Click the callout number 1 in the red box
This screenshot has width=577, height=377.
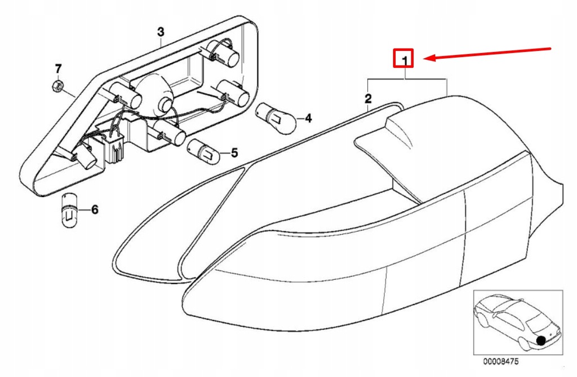[x=404, y=59]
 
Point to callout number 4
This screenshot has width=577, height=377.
[x=308, y=118]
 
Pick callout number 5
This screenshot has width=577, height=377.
[x=234, y=152]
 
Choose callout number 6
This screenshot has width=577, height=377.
[x=94, y=210]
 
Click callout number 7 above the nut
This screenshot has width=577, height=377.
[x=58, y=69]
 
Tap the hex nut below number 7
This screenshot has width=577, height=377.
[x=56, y=86]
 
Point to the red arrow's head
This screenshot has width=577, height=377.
[x=428, y=58]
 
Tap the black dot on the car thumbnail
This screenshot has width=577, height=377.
[x=541, y=340]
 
